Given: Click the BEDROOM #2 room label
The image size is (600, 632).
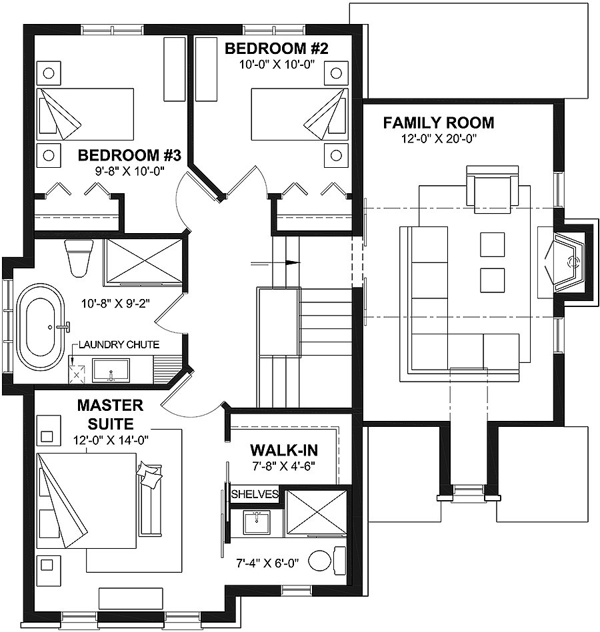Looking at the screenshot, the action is point(277,49).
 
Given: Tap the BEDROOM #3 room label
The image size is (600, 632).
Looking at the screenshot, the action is point(129,155).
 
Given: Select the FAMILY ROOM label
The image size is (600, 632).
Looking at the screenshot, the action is point(439,123).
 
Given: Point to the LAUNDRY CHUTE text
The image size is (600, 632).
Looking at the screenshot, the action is point(119,344).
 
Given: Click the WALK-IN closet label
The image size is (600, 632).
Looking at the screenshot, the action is point(284,450).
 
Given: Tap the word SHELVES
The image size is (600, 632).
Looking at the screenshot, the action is point(255,494).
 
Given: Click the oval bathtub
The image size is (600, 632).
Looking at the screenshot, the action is point(39,327).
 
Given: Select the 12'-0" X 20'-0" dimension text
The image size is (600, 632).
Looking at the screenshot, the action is point(439,139).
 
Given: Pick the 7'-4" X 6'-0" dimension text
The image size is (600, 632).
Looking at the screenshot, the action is point(267,563).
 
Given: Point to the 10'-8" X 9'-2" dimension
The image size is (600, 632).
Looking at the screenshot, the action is point(116,303).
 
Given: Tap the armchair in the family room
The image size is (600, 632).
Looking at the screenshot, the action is point(492,188).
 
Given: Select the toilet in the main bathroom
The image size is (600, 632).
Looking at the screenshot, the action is point(79,258).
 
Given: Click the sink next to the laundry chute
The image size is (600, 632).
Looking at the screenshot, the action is point(111,370).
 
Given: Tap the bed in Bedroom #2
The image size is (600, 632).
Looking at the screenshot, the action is point(299,115).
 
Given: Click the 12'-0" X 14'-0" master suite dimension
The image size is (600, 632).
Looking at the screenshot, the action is point(111,440).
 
